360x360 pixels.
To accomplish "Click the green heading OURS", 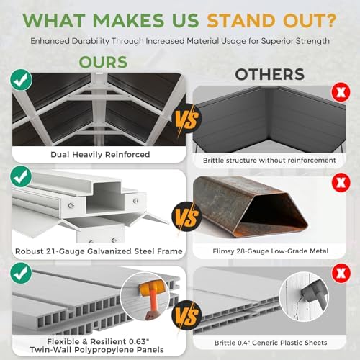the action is [x=103, y=62].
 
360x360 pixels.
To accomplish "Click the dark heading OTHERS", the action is [x=270, y=74].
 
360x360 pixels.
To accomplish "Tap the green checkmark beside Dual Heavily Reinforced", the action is [x=21, y=80].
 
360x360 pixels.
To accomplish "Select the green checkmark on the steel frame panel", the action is [x=21, y=176].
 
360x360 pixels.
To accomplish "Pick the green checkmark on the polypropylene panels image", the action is [x=21, y=273].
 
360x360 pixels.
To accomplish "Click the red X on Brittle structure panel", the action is [x=341, y=92].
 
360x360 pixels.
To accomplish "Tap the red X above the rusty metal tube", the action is [x=341, y=183].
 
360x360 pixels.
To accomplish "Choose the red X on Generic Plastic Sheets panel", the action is [x=341, y=273].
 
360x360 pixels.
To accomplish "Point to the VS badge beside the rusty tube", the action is [x=186, y=217].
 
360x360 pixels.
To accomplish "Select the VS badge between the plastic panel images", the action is [x=186, y=315].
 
